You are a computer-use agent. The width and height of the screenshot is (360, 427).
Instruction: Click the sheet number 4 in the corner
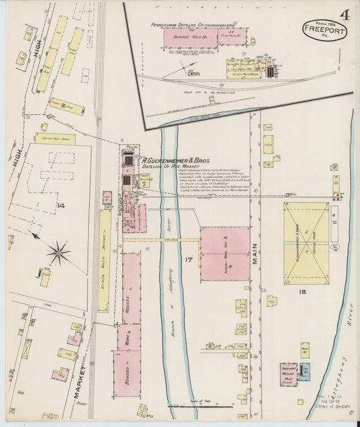pyautogui.click(x=344, y=14)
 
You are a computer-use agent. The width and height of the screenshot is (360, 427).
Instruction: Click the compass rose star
pyautogui.click(x=59, y=254)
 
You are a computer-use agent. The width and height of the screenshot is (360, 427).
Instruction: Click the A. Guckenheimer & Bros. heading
pyautogui.click(x=174, y=161)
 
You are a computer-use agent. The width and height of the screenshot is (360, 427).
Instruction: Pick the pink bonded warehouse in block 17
pyautogui.click(x=225, y=253)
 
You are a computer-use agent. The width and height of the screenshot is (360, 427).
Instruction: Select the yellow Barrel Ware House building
pyautogui.click(x=55, y=139)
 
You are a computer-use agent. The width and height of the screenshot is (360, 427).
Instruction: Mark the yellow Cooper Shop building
pyautogui.click(x=67, y=107)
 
